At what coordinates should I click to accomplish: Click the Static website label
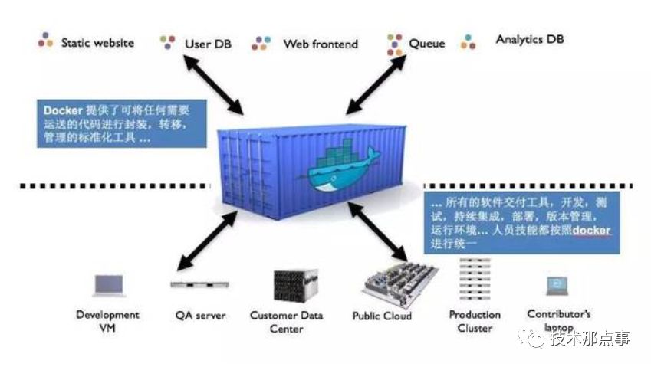pyautogui.click(x=97, y=43)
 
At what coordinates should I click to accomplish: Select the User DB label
pyautogui.click(x=208, y=44)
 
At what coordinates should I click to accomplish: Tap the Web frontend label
pyautogui.click(x=321, y=44)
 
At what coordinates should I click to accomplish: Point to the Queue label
pyautogui.click(x=426, y=44)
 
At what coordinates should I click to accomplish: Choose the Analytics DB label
pyautogui.click(x=530, y=39)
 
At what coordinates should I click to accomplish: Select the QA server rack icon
pyautogui.click(x=198, y=285)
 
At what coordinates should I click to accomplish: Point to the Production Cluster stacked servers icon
pyautogui.click(x=475, y=281)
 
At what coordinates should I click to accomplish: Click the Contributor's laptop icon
pyautogui.click(x=557, y=286)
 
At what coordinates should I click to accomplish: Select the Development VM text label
pyautogui.click(x=107, y=321)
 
